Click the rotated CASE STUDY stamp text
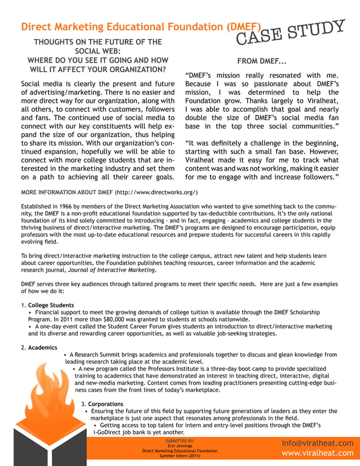coord(290,32)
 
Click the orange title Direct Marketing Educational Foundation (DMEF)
coord(141,27)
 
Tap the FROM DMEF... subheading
coord(261,61)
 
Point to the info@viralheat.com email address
coord(317,443)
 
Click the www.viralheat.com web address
coord(317,453)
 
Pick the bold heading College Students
coord(51,305)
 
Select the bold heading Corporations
coord(104,404)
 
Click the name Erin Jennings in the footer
coord(179,446)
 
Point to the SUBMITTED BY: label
coord(179,441)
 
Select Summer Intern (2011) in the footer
coord(179,456)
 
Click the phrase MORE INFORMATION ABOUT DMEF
coord(67,192)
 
